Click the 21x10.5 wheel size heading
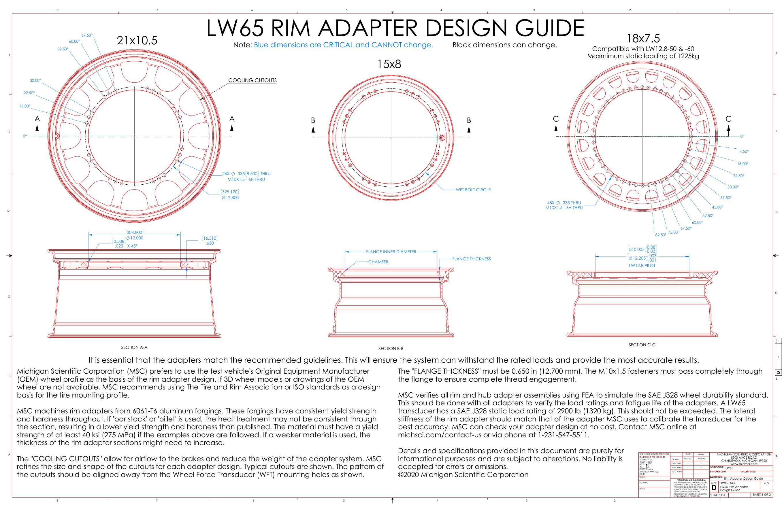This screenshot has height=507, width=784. [x=137, y=41]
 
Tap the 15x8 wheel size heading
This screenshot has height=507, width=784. [x=389, y=64]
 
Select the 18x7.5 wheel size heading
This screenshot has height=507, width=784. [x=643, y=39]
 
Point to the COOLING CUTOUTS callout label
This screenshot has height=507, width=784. [x=252, y=80]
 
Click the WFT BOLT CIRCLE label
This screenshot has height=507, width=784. [x=473, y=190]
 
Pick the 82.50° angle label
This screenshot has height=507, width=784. [x=660, y=235]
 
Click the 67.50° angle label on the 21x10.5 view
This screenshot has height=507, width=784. [x=87, y=35]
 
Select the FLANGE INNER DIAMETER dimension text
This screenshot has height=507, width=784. [x=391, y=252]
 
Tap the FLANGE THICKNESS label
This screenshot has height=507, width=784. [x=471, y=259]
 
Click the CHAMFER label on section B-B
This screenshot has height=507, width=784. [x=378, y=262]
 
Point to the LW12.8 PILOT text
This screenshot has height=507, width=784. [x=642, y=265]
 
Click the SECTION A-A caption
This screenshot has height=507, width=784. [x=134, y=347]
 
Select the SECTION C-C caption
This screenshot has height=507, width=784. [x=642, y=345]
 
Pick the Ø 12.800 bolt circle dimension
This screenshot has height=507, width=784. [x=230, y=198]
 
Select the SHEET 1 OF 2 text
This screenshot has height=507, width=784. [x=762, y=495]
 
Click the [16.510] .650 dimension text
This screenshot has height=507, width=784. [x=210, y=241]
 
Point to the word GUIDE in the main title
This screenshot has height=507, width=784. [x=549, y=28]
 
